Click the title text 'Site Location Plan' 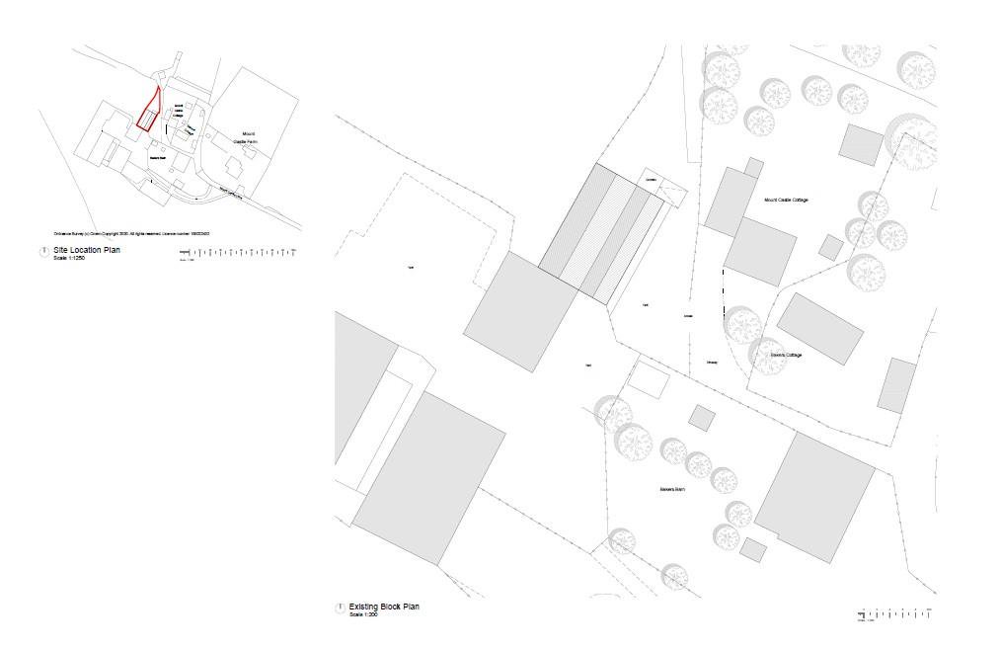click(x=87, y=251)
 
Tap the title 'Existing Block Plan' click(x=384, y=607)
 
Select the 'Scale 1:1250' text click(x=69, y=259)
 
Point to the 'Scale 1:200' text click(x=363, y=614)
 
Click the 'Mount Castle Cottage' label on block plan click(x=786, y=201)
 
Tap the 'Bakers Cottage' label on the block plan click(x=787, y=355)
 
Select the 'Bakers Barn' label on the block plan click(x=673, y=489)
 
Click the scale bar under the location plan click(x=237, y=254)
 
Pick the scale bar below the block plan click(x=893, y=614)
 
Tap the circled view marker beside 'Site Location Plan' click(x=43, y=252)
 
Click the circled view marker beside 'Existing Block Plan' click(x=341, y=608)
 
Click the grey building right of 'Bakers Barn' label click(x=814, y=498)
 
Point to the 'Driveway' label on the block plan click(x=712, y=363)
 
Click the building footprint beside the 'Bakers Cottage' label click(x=819, y=328)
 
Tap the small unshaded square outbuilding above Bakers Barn click(x=648, y=379)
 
